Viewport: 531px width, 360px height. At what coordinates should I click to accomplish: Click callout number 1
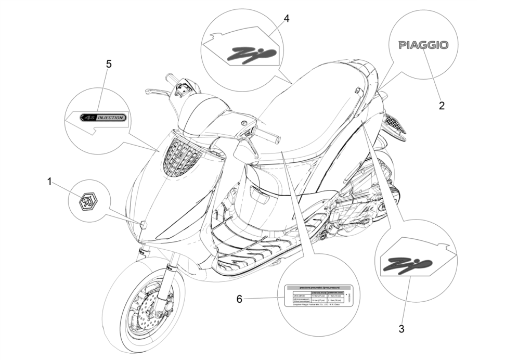pyautogui.click(x=50, y=182)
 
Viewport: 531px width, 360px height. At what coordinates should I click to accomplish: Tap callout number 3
pyautogui.click(x=401, y=329)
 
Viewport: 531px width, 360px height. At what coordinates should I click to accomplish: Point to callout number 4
pyautogui.click(x=287, y=19)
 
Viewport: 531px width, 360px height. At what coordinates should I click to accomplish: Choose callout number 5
pyautogui.click(x=109, y=64)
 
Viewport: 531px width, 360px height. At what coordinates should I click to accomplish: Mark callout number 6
pyautogui.click(x=239, y=299)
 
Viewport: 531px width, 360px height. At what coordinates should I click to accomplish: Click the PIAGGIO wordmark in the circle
pyautogui.click(x=429, y=45)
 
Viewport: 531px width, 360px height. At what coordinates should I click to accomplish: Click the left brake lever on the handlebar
pyautogui.click(x=154, y=91)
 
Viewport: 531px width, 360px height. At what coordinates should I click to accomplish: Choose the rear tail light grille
pyautogui.click(x=396, y=126)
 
